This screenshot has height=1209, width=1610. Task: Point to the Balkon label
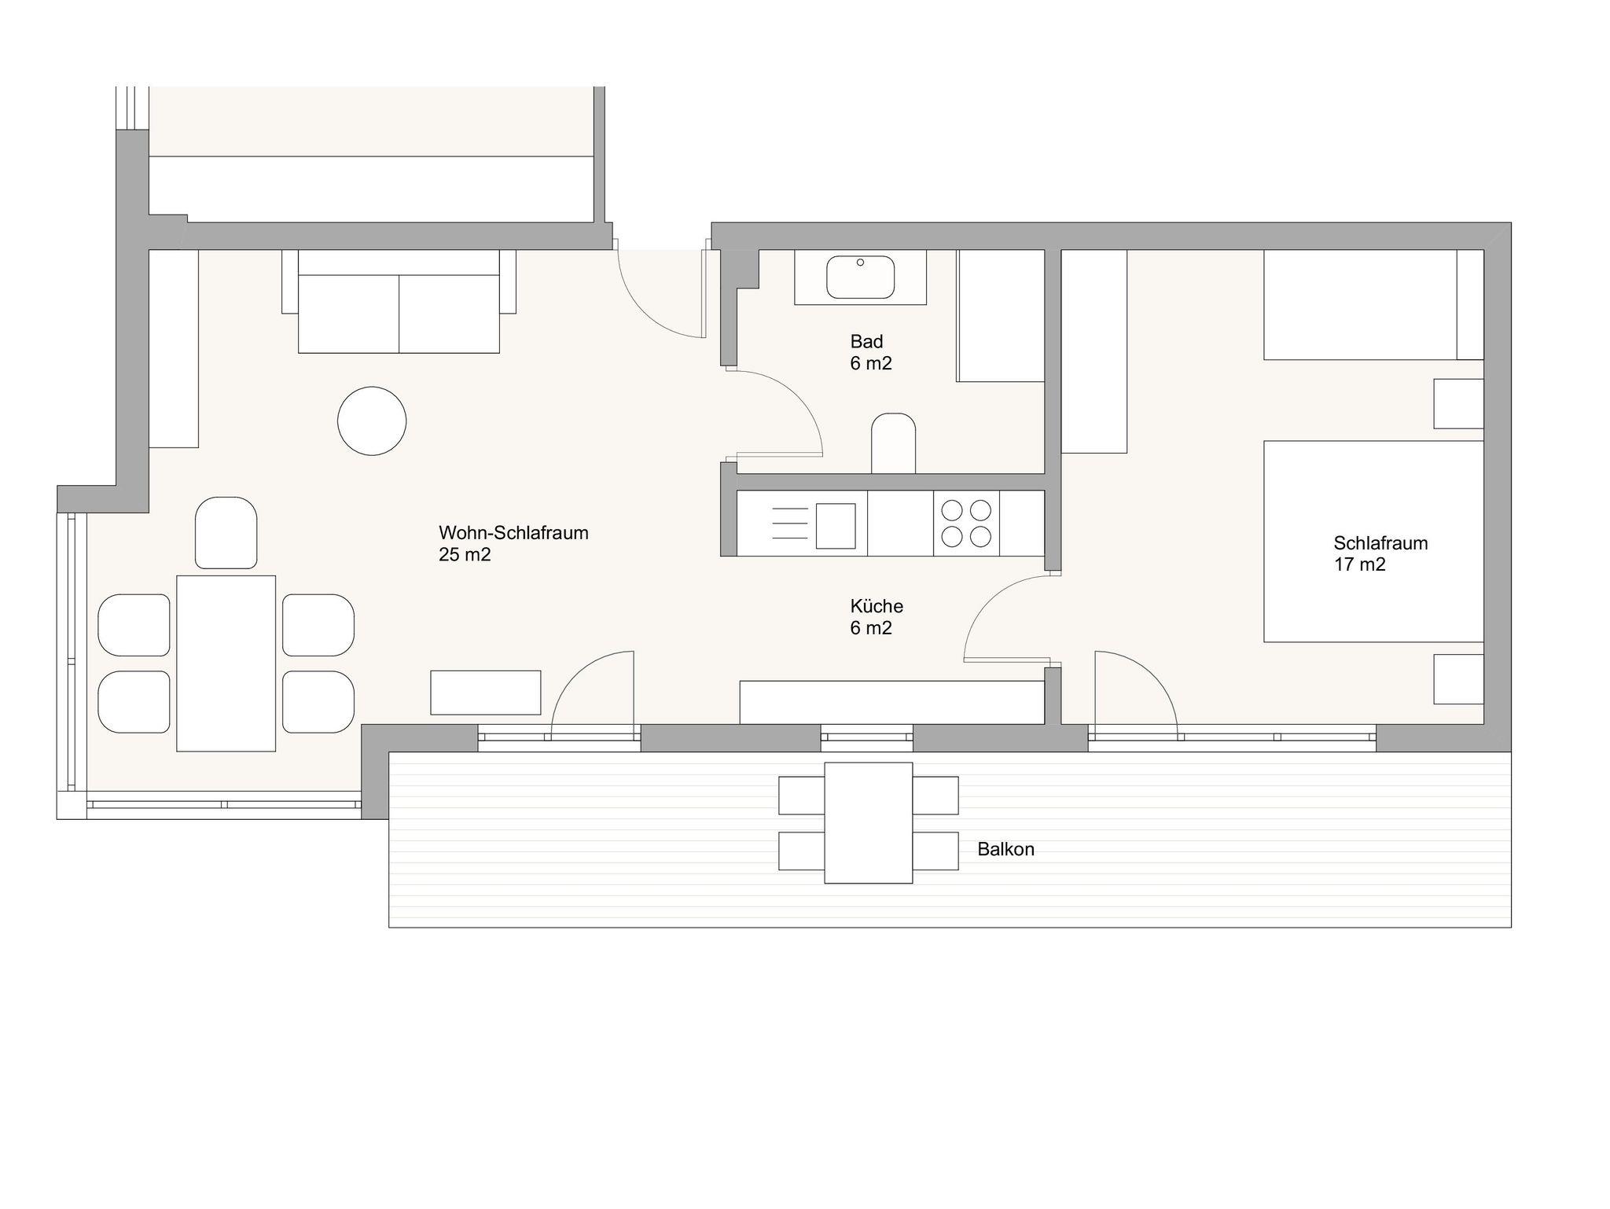(x=1005, y=849)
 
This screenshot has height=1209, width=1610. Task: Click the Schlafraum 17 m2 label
(x=1380, y=553)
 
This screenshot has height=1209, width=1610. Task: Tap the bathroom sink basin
(x=860, y=277)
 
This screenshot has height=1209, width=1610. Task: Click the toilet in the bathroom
(x=894, y=443)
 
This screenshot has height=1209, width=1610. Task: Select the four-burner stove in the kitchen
(x=966, y=524)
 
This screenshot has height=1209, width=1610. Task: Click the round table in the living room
(x=372, y=421)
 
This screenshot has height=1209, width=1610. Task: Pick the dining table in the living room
(x=226, y=663)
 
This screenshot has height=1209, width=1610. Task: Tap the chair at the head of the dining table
(x=226, y=532)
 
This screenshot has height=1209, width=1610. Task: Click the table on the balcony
(x=869, y=823)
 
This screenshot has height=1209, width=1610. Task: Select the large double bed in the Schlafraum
(x=1373, y=542)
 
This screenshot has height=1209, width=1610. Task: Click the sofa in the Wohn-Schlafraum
(x=399, y=301)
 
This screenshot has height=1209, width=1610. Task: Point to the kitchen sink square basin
(x=836, y=526)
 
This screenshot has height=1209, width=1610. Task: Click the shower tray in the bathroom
(x=1000, y=316)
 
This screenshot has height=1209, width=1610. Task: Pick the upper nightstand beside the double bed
(x=1458, y=404)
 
